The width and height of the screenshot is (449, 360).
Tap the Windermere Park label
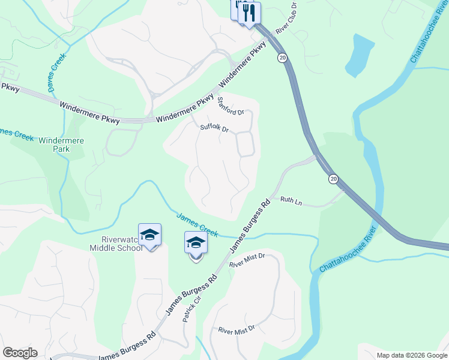(x=61, y=145)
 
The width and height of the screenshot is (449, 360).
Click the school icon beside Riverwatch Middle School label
(x=149, y=235)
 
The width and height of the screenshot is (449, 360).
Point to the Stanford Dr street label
(x=231, y=106)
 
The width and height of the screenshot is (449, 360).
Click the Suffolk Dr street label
(x=215, y=128)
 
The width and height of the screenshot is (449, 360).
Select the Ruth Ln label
(x=291, y=202)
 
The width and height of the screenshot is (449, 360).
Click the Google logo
(x=20, y=353)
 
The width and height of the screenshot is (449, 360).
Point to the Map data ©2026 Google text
(x=412, y=355)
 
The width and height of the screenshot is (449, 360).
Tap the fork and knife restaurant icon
(x=249, y=13)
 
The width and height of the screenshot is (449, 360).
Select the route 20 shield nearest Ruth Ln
(x=334, y=179)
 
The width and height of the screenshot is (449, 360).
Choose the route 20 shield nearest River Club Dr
(x=282, y=57)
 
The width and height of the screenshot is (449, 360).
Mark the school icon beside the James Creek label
(x=196, y=244)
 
